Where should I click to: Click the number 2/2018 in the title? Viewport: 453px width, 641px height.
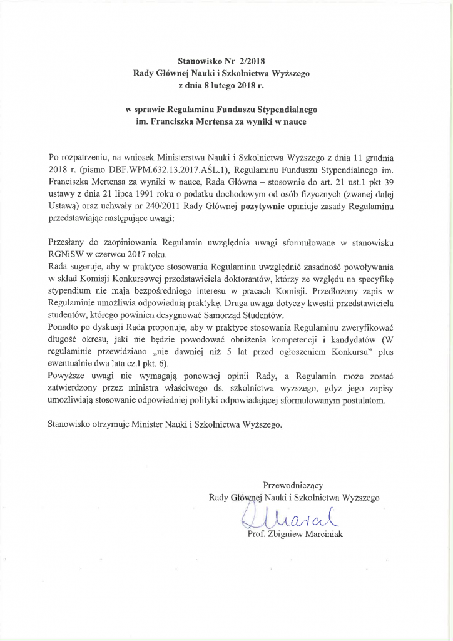253,61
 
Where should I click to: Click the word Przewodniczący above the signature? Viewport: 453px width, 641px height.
293,485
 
